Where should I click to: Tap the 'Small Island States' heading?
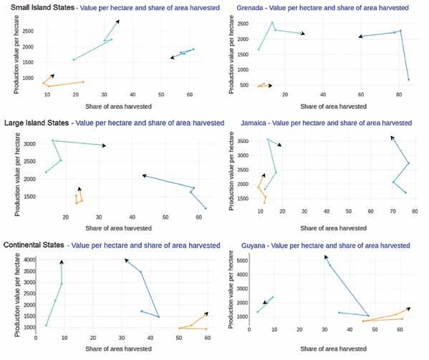(43, 7)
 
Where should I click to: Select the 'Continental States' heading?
(34, 245)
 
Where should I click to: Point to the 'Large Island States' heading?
(37, 123)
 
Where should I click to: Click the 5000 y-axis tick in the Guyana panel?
(242, 261)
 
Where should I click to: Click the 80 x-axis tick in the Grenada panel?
(399, 94)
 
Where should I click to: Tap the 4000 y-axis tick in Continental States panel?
(30, 260)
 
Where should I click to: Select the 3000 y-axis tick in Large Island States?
(30, 144)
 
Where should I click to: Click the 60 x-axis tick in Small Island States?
(190, 94)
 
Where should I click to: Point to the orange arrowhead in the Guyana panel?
(408, 308)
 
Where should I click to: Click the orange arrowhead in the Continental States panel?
(206, 313)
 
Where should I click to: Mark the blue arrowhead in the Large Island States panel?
(144, 175)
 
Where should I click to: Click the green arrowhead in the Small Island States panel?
(117, 21)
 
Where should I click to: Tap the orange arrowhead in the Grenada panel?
(270, 86)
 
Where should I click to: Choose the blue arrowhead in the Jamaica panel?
(392, 137)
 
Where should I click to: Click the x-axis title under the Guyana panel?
(333, 349)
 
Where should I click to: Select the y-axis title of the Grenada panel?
(231, 54)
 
